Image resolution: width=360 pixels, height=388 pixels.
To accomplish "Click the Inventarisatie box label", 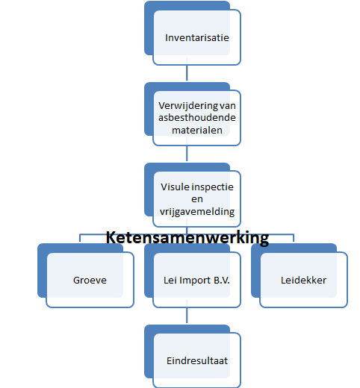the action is [197, 38].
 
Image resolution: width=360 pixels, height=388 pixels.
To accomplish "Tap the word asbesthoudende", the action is [197, 118].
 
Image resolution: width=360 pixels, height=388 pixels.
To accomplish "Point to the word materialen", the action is [197, 130].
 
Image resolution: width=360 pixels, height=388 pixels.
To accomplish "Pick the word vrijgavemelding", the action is [197, 212].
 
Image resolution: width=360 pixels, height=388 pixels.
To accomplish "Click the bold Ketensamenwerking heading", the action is [187, 237].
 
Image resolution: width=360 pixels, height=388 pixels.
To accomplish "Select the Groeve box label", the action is [90, 281].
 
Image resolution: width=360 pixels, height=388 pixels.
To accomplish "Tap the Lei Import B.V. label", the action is [196, 281].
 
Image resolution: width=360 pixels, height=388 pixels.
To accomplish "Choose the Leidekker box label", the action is [303, 281].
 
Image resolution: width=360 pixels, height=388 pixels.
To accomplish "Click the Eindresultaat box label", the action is [197, 361].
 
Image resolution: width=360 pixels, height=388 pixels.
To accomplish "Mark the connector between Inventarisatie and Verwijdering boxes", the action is [187, 72].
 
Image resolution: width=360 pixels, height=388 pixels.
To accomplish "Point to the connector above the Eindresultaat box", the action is [187, 315].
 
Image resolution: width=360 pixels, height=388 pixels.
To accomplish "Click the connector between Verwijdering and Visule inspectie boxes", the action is [187, 153].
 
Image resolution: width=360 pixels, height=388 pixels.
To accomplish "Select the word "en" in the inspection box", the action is [197, 199].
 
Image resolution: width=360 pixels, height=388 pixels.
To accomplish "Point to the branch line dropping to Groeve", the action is [80, 238].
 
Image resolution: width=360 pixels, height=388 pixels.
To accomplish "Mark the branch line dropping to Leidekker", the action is [294, 238].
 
